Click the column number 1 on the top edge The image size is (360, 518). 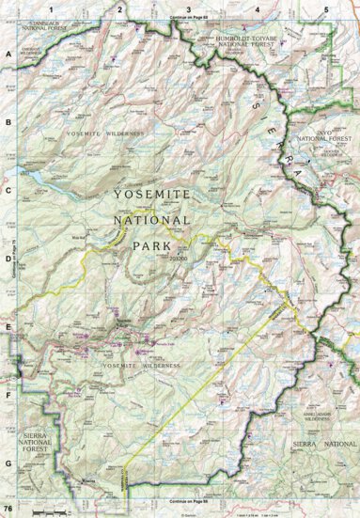(x=49, y=8)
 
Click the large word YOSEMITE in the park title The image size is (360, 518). (x=150, y=194)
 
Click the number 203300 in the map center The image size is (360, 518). (x=180, y=255)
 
